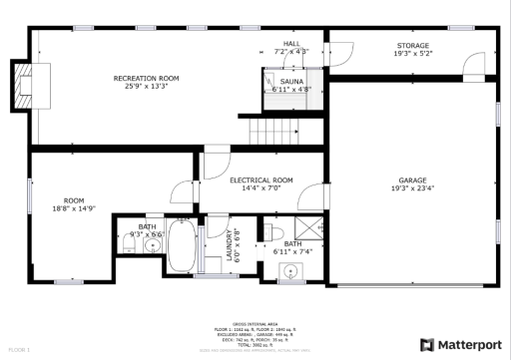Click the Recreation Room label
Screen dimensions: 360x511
pyautogui.click(x=146, y=78)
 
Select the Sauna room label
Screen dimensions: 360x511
pyautogui.click(x=291, y=81)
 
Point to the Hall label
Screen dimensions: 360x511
pyautogui.click(x=291, y=44)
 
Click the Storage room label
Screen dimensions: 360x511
pyautogui.click(x=412, y=46)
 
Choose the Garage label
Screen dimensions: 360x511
pyautogui.click(x=412, y=180)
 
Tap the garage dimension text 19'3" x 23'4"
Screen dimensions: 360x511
pyautogui.click(x=412, y=188)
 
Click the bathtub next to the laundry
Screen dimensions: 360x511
pyautogui.click(x=182, y=244)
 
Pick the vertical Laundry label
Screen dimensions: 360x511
pyautogui.click(x=229, y=244)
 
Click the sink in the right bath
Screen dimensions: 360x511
pyautogui.click(x=292, y=269)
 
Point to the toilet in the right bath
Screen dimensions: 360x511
pyautogui.click(x=266, y=232)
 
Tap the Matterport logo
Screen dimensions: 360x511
pyautogui.click(x=460, y=344)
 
